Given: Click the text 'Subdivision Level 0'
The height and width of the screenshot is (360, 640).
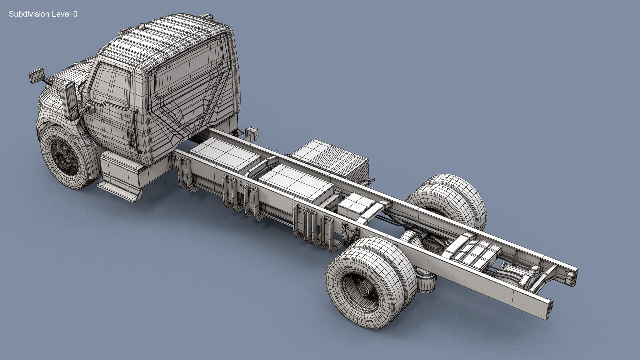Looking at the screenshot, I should click(43, 14).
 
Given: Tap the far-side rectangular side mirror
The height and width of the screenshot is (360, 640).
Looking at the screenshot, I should click(36, 76).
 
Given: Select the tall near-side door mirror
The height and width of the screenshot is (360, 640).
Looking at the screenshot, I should click(71, 100).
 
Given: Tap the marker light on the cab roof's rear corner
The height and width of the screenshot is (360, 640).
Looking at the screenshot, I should click(206, 16).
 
